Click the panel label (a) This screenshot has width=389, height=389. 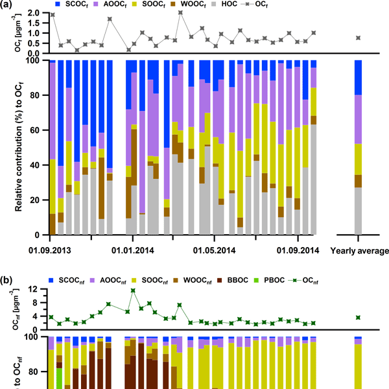[x=7, y=5]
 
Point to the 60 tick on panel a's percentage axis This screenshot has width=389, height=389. [x=38, y=130]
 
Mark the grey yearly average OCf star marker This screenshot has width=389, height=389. [x=359, y=38]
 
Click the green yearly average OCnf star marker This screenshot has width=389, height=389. [x=359, y=317]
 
